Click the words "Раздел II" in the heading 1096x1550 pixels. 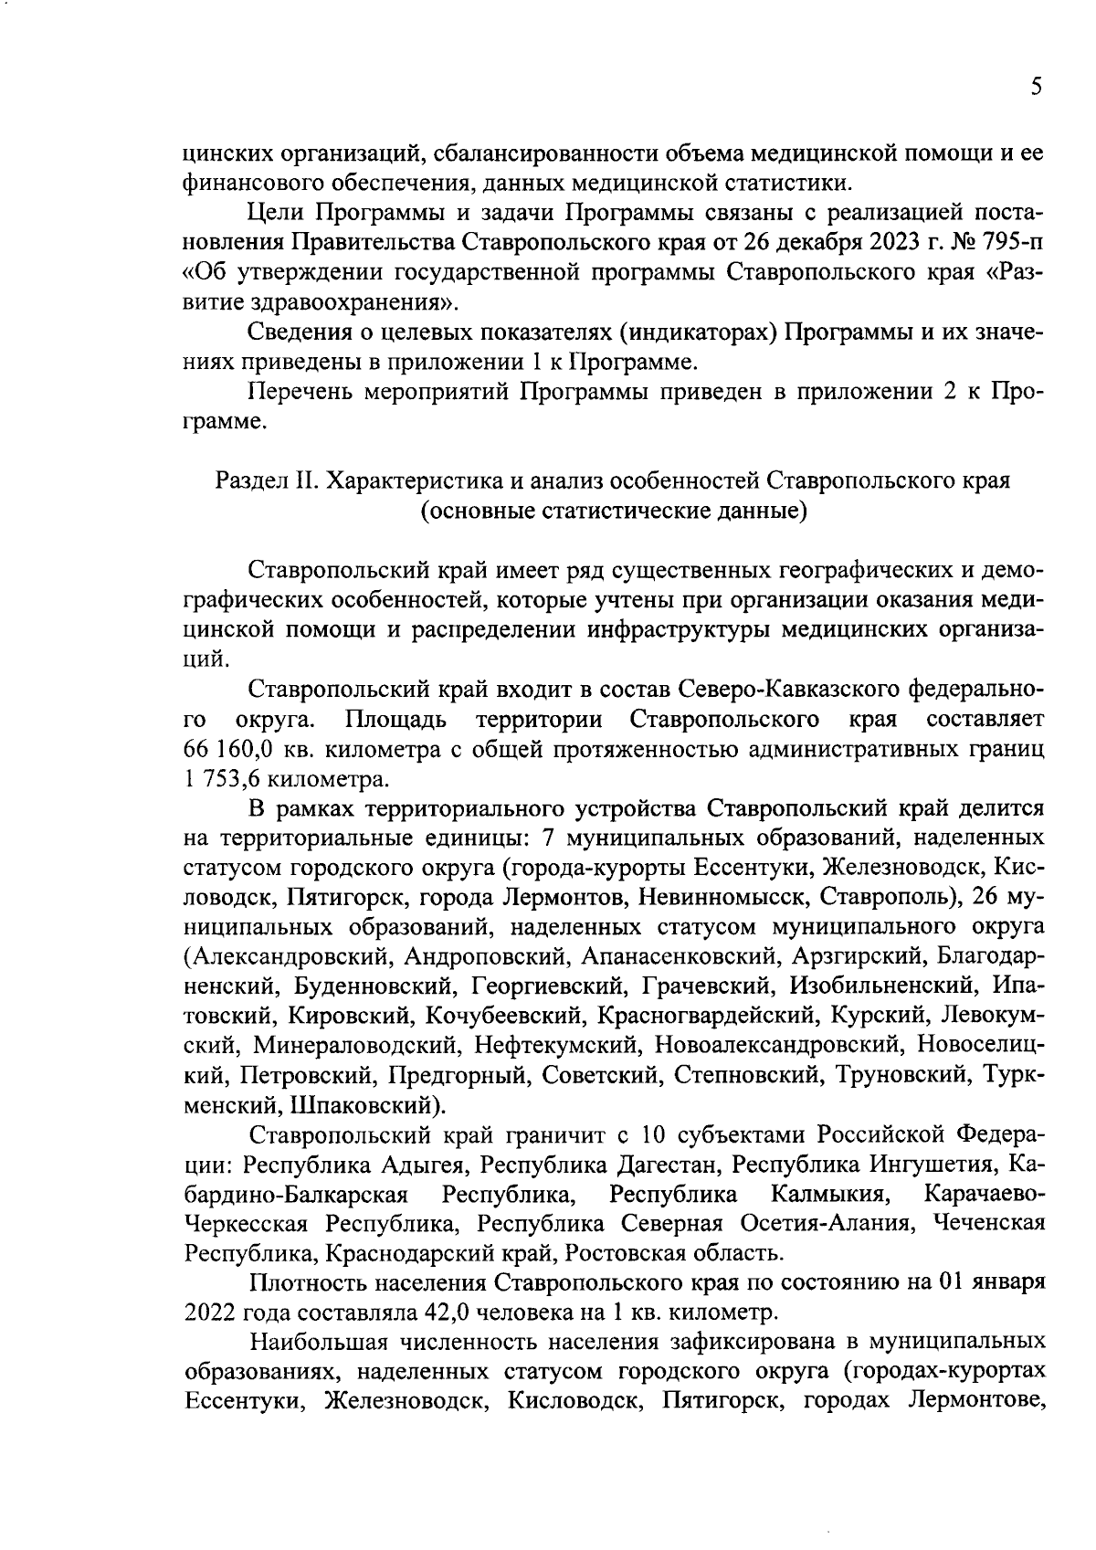266,480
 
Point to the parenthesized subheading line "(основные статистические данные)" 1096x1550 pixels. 613,511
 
